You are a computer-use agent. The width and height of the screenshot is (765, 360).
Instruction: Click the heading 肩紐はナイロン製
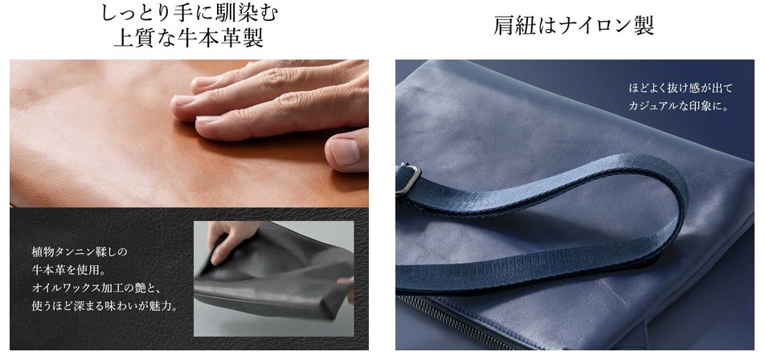574,26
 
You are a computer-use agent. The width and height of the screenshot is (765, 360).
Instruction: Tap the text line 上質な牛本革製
189,38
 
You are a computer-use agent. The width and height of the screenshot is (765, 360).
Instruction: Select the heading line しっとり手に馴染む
189,13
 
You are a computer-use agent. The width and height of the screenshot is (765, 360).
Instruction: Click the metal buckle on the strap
408,178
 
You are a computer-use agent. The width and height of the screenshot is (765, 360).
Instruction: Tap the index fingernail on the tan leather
183,100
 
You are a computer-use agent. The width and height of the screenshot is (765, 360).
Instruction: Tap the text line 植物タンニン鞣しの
79,252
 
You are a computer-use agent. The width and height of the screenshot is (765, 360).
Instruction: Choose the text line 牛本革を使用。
69,270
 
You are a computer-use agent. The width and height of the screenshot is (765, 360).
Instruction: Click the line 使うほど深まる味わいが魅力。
104,306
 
